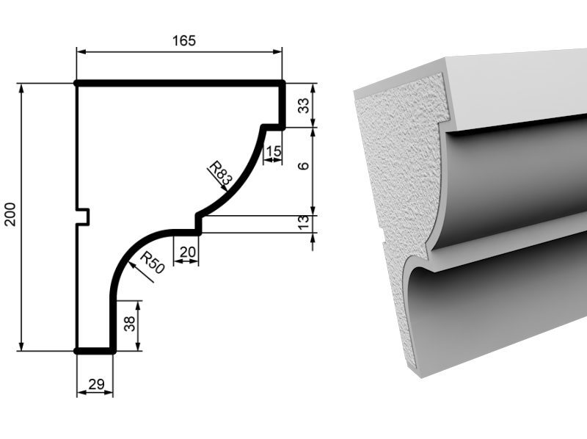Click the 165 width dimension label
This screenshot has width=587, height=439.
(x=184, y=40)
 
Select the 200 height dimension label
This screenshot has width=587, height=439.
(x=10, y=214)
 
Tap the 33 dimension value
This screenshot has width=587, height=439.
(x=304, y=105)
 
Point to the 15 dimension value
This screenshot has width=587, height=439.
(x=273, y=151)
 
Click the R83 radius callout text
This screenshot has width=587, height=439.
(x=221, y=173)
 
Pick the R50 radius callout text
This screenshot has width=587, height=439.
(x=153, y=262)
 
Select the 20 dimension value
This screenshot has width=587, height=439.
(x=188, y=252)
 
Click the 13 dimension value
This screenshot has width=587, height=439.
(x=304, y=222)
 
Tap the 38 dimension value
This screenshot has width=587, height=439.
(x=130, y=324)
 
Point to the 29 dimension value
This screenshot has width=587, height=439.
(x=96, y=384)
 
